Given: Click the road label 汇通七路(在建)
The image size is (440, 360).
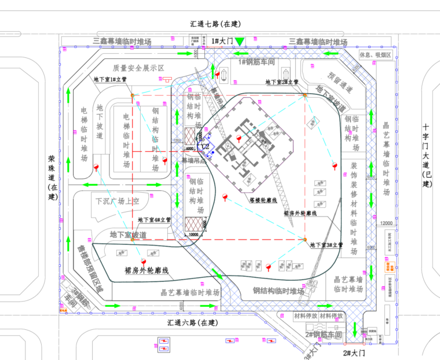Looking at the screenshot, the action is tap(215, 24).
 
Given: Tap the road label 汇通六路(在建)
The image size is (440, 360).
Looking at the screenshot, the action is tap(192, 322).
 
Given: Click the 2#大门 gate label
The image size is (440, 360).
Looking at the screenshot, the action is tap(353, 352).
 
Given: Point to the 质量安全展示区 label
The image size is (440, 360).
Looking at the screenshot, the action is tap(139, 68).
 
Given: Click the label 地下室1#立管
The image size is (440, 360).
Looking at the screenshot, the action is tap(113, 79).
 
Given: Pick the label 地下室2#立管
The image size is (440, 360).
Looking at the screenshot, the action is tap(281, 82).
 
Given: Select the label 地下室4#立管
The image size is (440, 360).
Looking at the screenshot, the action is tap(154, 220).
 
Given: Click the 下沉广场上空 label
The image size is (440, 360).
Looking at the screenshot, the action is tap(118, 201).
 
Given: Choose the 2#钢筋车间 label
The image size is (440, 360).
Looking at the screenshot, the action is tap(325, 335).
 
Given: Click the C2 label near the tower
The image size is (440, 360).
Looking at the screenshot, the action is tap(205, 147).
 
